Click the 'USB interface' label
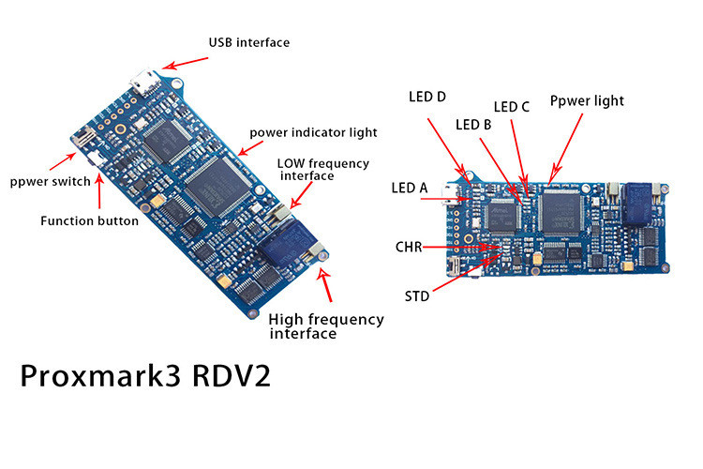(x=248, y=42)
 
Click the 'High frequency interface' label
(x=325, y=325)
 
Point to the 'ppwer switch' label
(x=49, y=181)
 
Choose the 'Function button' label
(x=89, y=221)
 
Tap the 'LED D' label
(x=427, y=96)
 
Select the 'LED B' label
(x=473, y=124)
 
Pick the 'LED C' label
(x=512, y=106)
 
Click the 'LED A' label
(x=409, y=189)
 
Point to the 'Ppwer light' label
(x=586, y=100)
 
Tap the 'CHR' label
(x=409, y=248)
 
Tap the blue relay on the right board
(x=641, y=201)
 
